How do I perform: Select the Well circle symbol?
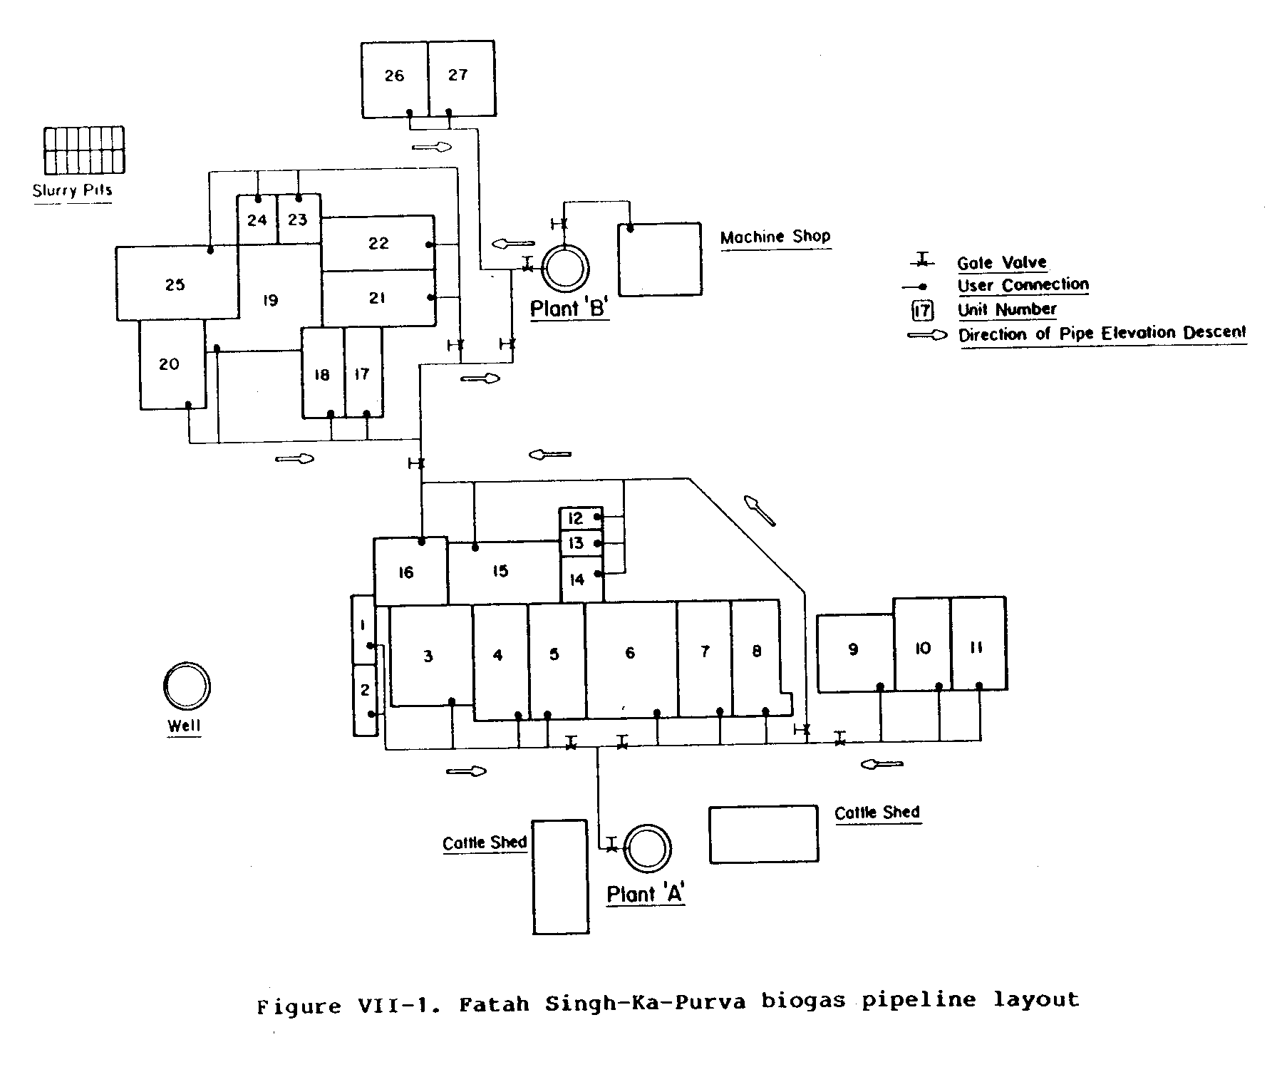(187, 687)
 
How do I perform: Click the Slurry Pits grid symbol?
(84, 150)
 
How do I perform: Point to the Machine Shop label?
(775, 237)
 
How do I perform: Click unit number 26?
(394, 76)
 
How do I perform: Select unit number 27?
(458, 75)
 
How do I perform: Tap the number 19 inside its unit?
(269, 300)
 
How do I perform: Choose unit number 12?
(576, 518)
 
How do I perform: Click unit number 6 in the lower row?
(630, 653)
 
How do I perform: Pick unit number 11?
(977, 647)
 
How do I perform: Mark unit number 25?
(175, 284)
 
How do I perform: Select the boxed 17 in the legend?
(923, 311)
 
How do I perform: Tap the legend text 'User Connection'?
(1023, 285)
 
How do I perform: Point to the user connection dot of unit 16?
(422, 542)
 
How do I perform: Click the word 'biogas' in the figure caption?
(803, 1001)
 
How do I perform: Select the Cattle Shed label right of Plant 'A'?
(877, 813)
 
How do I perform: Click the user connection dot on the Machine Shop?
(630, 229)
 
